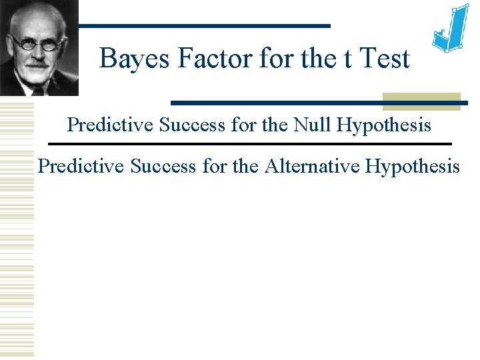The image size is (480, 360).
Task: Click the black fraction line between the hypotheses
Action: [x=250, y=144]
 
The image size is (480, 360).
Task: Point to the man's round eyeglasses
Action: [x=39, y=44]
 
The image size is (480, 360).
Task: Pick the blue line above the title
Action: [x=203, y=25]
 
